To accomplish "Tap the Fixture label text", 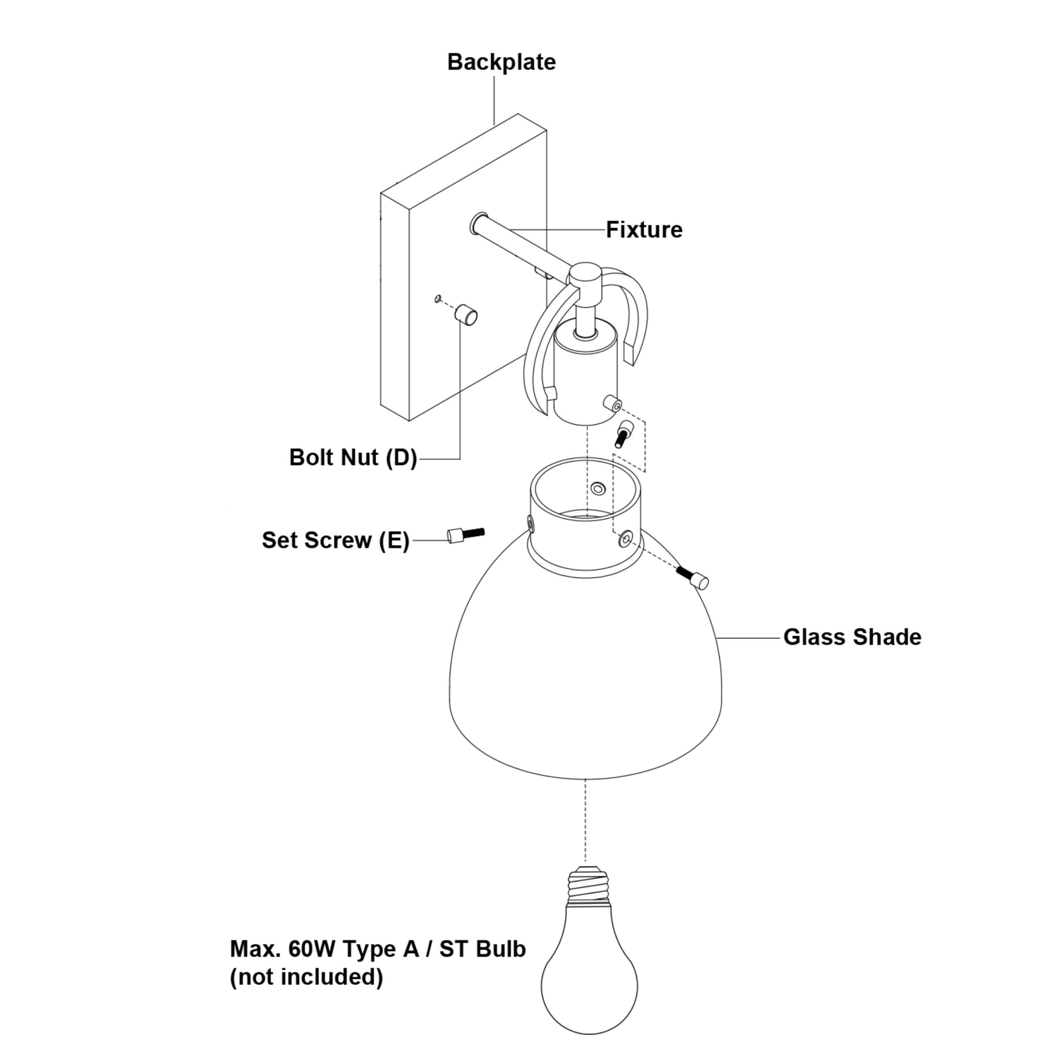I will [x=644, y=230].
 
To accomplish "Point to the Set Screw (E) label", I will [x=335, y=540].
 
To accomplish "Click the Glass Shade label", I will [x=852, y=637].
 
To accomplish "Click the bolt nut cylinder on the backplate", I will [x=465, y=314].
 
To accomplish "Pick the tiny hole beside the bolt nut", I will [x=438, y=298].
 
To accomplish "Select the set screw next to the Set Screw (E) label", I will [x=465, y=535].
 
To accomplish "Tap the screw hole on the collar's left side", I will [x=530, y=523].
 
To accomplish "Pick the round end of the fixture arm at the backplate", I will [x=479, y=223].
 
